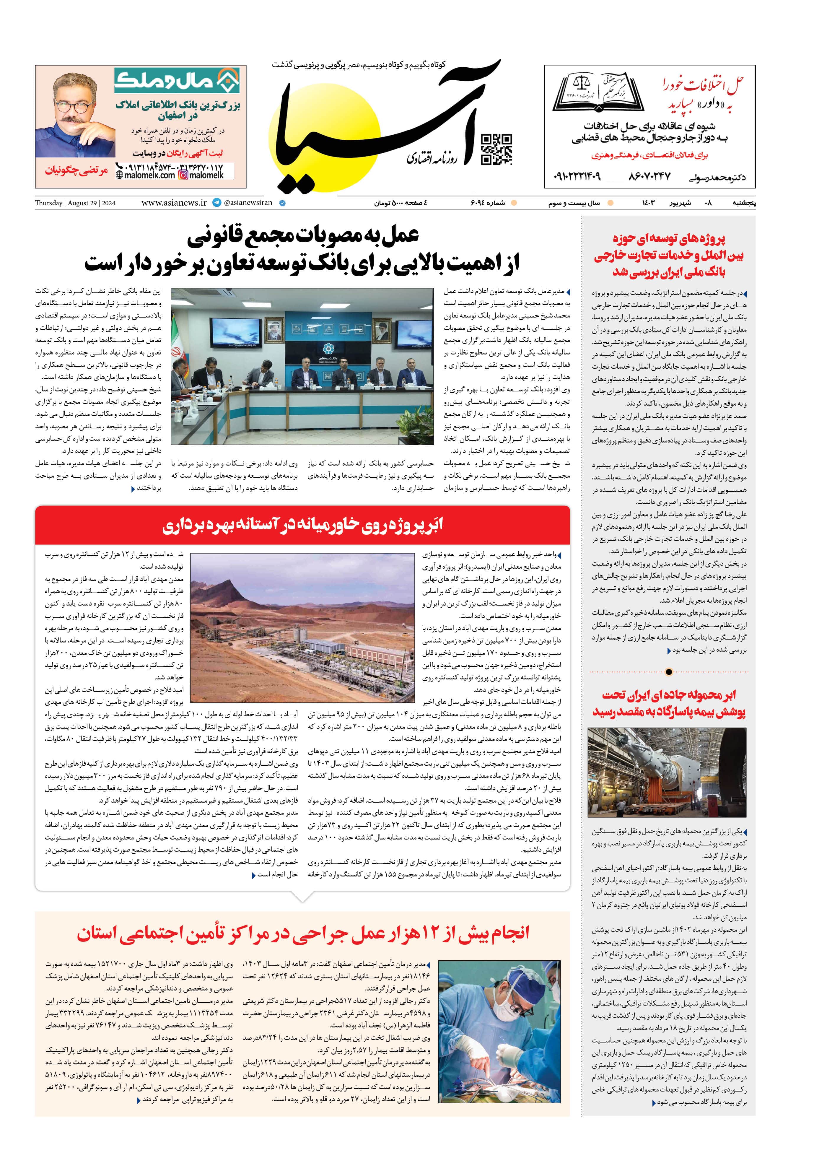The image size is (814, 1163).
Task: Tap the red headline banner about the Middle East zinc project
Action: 302,525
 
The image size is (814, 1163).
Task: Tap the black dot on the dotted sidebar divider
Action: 669,672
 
